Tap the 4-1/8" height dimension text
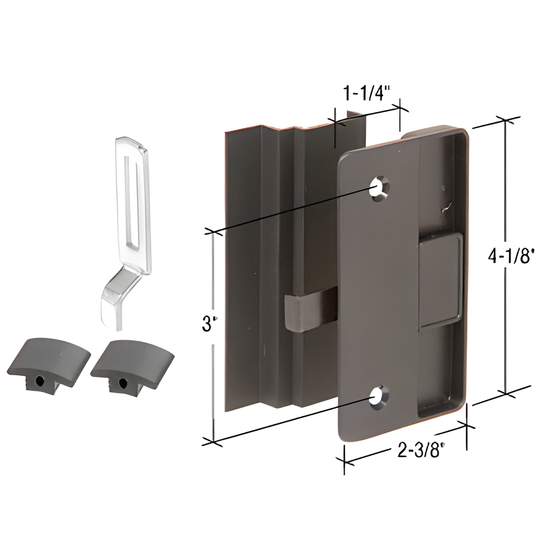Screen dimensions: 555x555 tap(509, 256)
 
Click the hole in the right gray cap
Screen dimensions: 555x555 tap(123, 382)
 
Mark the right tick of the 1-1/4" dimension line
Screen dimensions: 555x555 tap(400, 108)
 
